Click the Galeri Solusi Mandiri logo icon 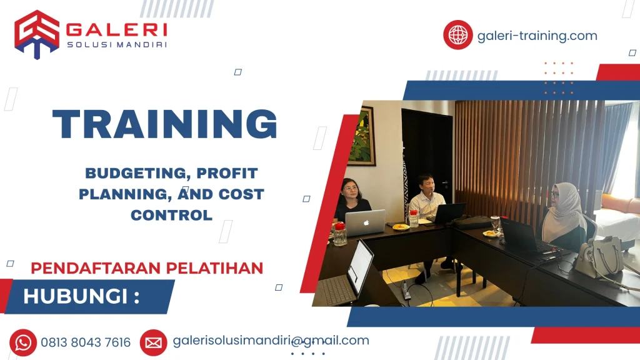36,34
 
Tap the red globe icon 457,35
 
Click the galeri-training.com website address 537,36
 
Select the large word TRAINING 165,124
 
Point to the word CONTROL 171,215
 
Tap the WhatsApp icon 23,342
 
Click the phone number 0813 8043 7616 86,342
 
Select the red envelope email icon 153,342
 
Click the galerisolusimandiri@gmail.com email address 271,341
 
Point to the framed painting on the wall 361,136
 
